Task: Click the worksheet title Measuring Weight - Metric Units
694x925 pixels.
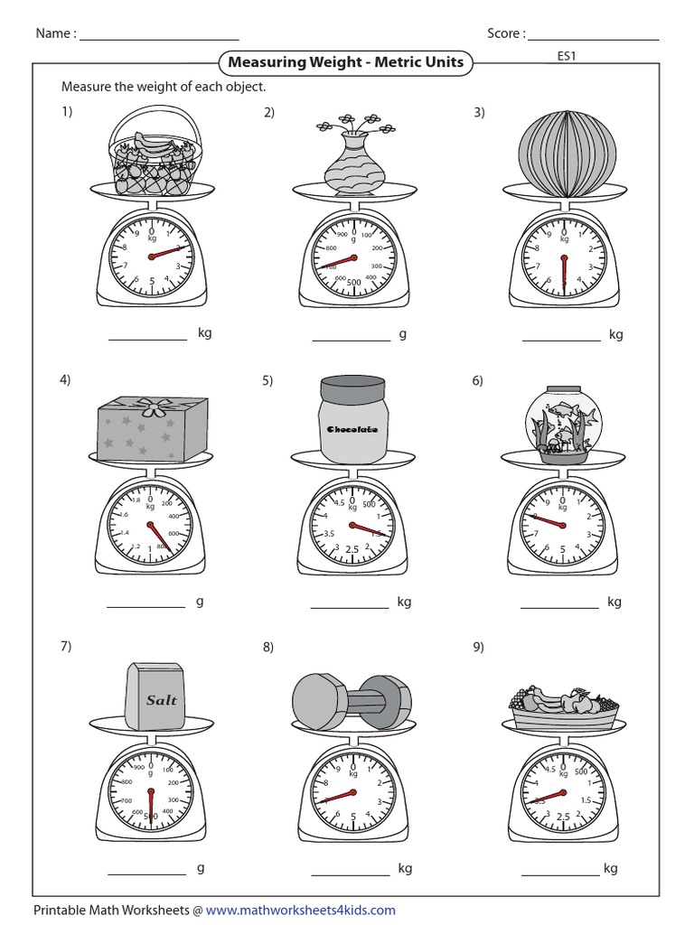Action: point(345,62)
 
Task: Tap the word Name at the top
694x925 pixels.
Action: point(53,34)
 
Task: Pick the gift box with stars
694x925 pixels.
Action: point(152,430)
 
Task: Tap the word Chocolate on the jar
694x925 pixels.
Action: point(352,429)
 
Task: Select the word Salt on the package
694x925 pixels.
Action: point(162,700)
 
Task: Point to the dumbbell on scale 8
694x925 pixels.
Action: point(352,700)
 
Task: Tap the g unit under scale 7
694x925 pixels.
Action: point(201,868)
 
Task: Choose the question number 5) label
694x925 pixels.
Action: point(267,380)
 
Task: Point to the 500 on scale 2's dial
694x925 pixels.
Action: point(353,282)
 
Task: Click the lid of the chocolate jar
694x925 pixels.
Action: point(352,390)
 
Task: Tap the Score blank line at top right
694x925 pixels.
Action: point(594,39)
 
